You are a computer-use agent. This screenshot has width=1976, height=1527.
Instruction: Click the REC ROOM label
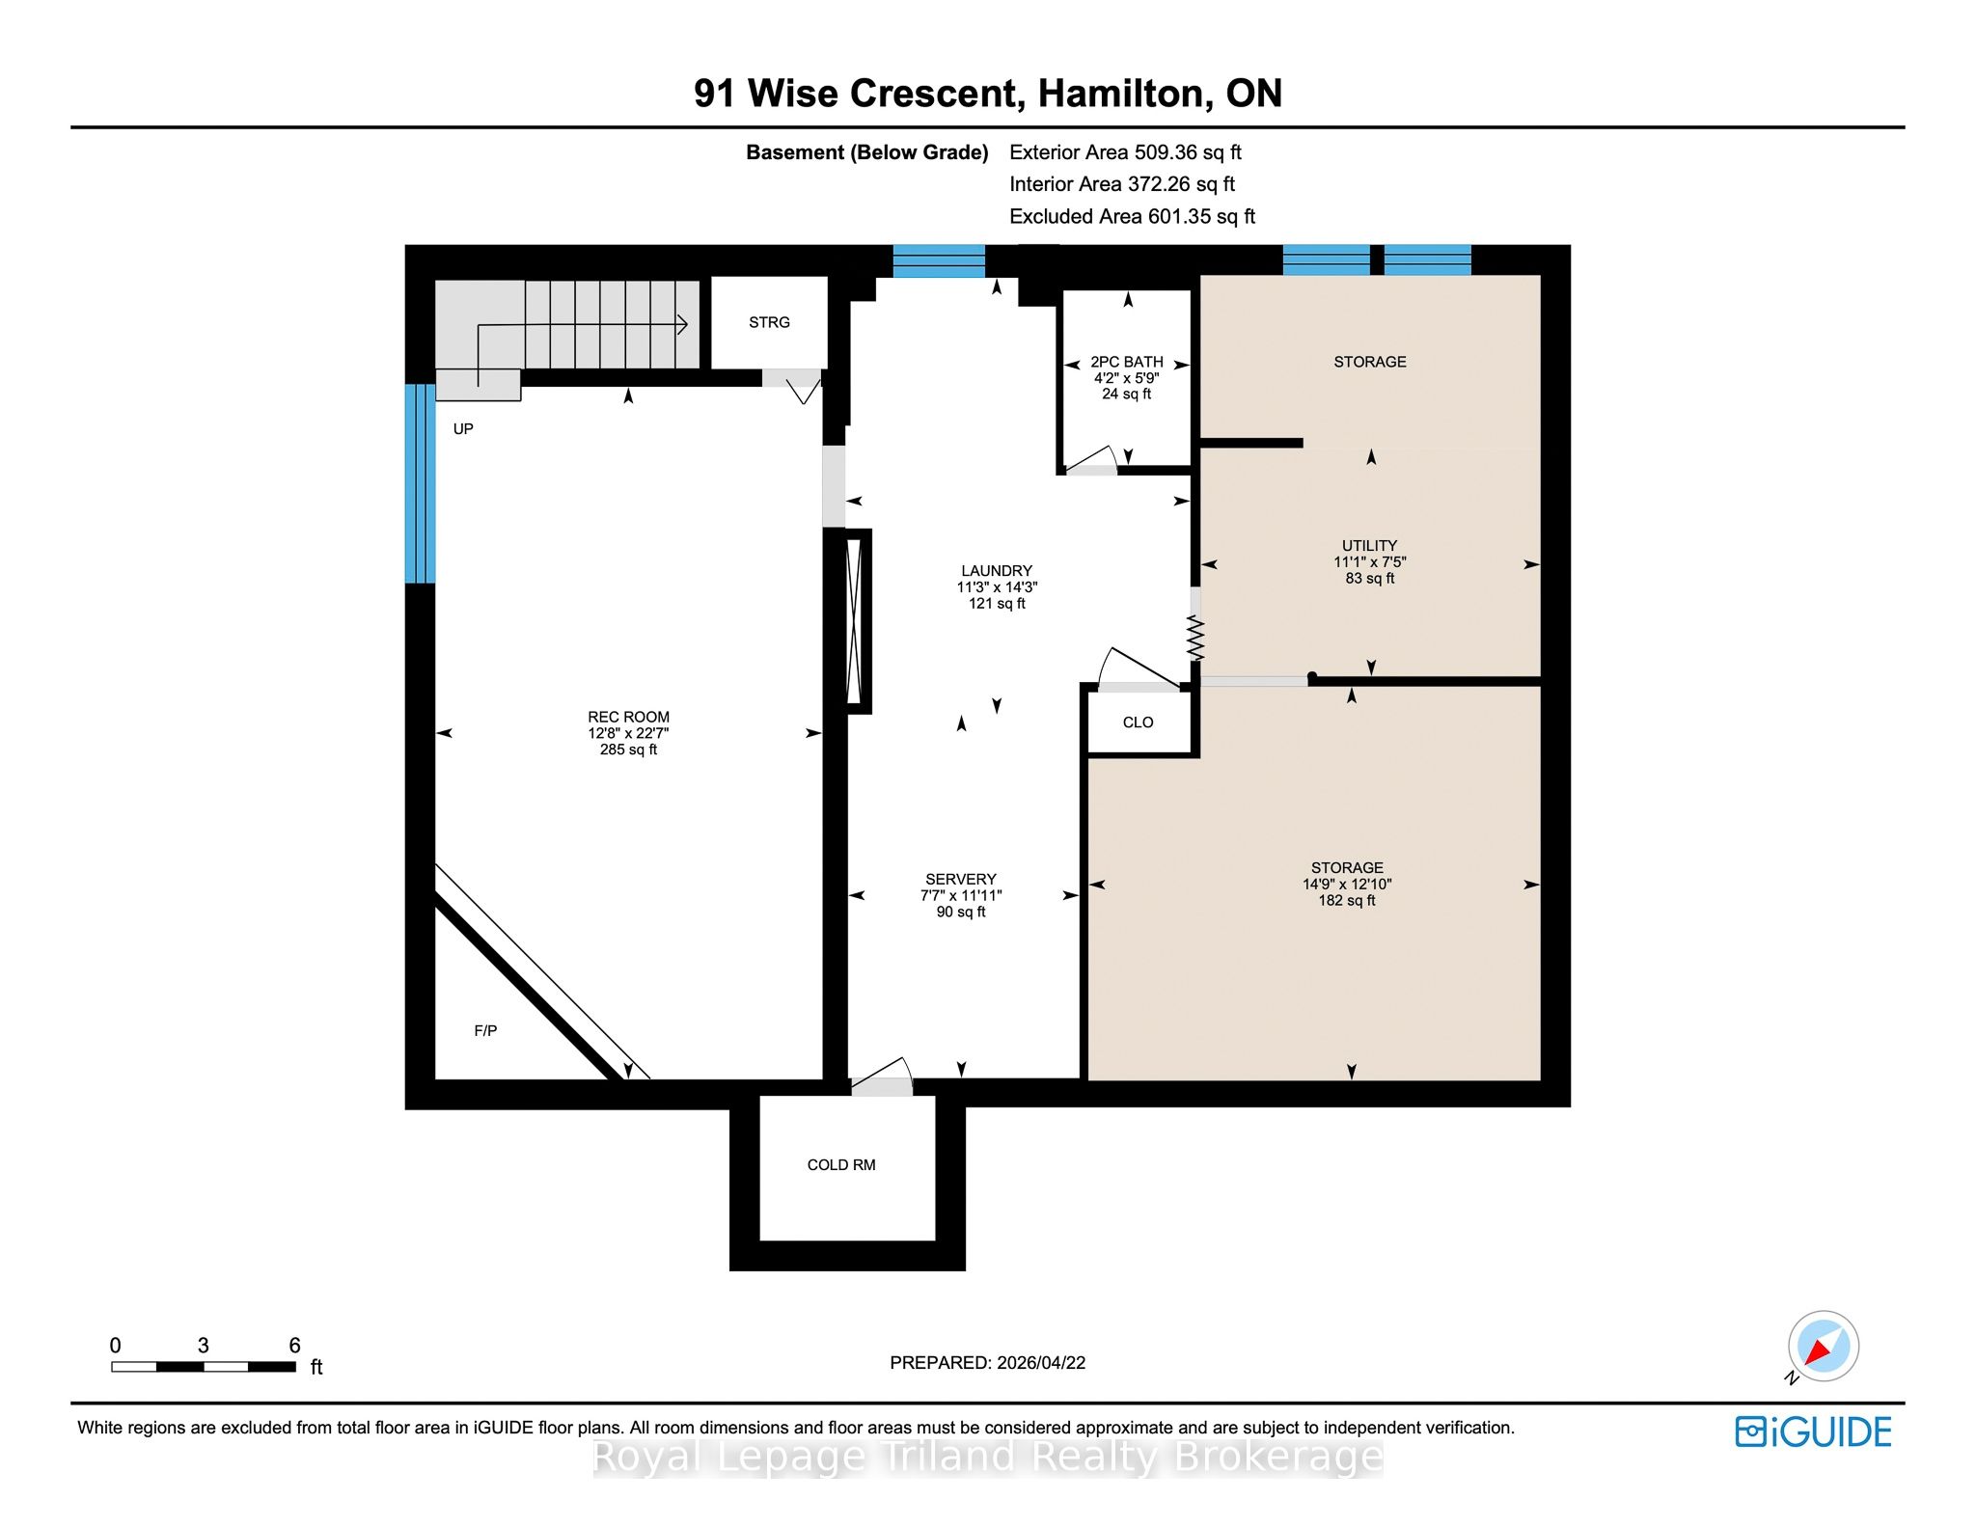pyautogui.click(x=628, y=717)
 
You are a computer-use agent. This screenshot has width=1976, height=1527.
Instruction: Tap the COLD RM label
pyautogui.click(x=841, y=1164)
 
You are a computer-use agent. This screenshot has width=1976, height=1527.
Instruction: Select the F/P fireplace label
pyautogui.click(x=485, y=1030)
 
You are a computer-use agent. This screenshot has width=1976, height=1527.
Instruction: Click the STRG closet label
pyautogui.click(x=769, y=322)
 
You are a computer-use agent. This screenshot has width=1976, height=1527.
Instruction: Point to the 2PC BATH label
pyautogui.click(x=1127, y=362)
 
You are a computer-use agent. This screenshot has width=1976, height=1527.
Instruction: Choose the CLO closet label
pyautogui.click(x=1139, y=722)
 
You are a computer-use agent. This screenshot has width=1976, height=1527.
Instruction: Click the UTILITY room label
pyautogui.click(x=1370, y=545)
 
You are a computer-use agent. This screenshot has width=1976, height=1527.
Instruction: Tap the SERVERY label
pyautogui.click(x=961, y=879)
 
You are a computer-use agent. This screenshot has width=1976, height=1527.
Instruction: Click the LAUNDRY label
pyautogui.click(x=997, y=570)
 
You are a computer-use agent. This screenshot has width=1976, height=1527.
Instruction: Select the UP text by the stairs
pyautogui.click(x=463, y=428)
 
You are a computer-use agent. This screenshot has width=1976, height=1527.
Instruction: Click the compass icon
pyautogui.click(x=1823, y=1347)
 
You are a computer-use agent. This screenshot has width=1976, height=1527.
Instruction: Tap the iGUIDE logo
pyautogui.click(x=1813, y=1432)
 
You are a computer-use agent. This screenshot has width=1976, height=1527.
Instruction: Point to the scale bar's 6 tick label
pyautogui.click(x=295, y=1345)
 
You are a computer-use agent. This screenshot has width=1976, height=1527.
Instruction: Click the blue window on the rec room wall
pyautogui.click(x=420, y=483)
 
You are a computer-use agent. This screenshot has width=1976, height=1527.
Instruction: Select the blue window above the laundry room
pyautogui.click(x=939, y=260)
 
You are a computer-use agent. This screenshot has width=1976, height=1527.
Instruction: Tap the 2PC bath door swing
pyautogui.click(x=1091, y=460)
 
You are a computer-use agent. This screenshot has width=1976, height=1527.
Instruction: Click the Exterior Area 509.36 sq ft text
pyautogui.click(x=1125, y=152)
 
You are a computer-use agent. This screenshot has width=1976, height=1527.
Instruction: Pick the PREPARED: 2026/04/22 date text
pyautogui.click(x=987, y=1362)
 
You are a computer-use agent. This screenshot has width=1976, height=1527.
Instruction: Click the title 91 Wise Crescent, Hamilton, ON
pyautogui.click(x=988, y=93)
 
